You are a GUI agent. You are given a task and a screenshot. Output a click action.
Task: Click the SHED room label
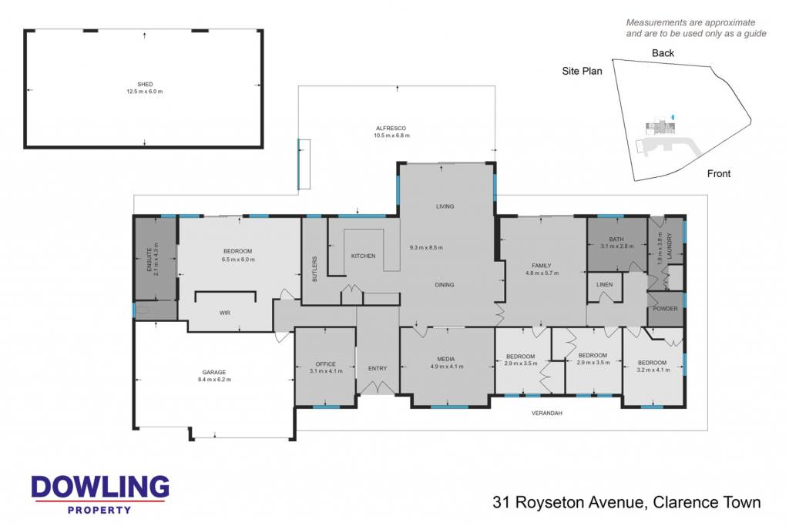click(x=145, y=84)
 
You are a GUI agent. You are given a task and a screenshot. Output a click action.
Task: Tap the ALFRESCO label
click(x=391, y=129)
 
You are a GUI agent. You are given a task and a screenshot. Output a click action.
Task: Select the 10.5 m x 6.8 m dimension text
click(x=391, y=136)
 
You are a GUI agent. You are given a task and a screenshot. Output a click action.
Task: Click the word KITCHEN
click(x=364, y=256)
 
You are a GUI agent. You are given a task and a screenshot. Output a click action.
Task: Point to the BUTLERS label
click(x=315, y=269)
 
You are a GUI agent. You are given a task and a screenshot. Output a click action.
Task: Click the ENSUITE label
click(x=149, y=260)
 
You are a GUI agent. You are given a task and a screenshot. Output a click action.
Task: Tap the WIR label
click(x=225, y=313)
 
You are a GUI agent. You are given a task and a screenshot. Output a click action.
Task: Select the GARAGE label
click(x=214, y=373)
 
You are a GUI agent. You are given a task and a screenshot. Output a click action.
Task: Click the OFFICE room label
click(x=326, y=364)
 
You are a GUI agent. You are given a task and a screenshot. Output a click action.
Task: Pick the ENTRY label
click(x=378, y=369)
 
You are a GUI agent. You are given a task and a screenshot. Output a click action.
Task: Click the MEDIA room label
click(x=446, y=359)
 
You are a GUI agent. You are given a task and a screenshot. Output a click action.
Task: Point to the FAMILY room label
click(x=542, y=266)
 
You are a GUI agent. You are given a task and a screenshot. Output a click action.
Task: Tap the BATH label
click(x=616, y=240)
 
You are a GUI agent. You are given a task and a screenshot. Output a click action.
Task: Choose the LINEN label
click(x=604, y=285)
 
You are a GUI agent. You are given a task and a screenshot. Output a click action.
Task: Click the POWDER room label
click(x=665, y=309)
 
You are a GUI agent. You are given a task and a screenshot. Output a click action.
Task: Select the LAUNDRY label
click(x=670, y=246)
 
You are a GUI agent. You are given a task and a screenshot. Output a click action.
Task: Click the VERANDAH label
click(x=547, y=414)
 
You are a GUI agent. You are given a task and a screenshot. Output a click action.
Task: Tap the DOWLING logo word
click(x=100, y=487)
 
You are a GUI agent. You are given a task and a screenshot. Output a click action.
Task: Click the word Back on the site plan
click(x=663, y=53)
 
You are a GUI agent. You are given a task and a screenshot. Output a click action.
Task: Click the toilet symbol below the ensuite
click(x=143, y=310)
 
